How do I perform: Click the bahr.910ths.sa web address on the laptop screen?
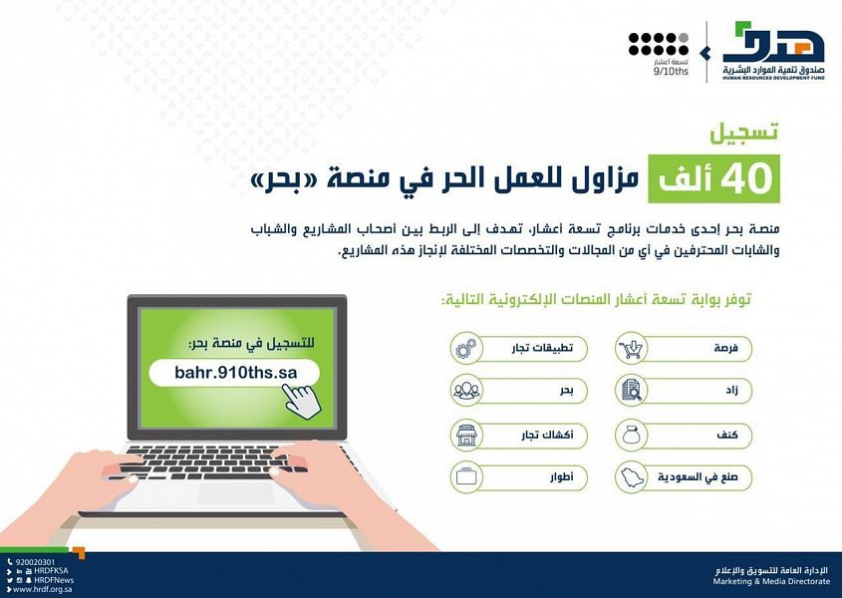[236, 373]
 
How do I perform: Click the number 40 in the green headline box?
[746, 179]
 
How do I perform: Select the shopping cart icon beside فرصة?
[631, 349]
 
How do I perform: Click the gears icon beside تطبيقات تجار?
[466, 348]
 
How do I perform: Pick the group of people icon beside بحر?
[466, 391]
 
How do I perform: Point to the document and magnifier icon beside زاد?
[631, 390]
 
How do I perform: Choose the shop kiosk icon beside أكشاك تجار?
[466, 435]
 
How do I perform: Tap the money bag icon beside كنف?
[631, 435]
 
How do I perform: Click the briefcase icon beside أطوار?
[466, 476]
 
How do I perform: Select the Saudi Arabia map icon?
[632, 477]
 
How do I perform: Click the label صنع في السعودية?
[698, 477]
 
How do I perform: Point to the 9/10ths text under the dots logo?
[671, 72]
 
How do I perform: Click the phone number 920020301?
[36, 562]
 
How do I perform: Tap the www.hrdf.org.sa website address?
[43, 589]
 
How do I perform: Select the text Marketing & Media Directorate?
[771, 581]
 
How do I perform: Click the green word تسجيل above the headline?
[743, 133]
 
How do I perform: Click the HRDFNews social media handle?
[54, 580]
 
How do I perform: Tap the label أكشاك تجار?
[547, 435]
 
